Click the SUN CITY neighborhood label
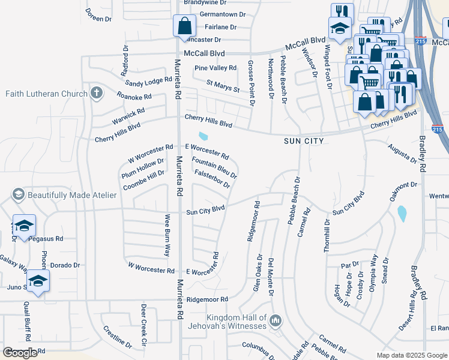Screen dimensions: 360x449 (304, 141)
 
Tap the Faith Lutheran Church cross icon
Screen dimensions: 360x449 (95, 93)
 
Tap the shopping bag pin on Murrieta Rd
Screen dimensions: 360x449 (184, 26)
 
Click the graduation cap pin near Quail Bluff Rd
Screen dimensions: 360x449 (37, 281)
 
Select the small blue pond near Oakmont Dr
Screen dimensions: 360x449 (401, 213)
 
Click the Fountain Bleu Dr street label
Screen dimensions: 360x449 (214, 168)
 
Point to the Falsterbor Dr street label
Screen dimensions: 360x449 (212, 178)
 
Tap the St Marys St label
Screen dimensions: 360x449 (223, 86)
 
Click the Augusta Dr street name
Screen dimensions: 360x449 (402, 154)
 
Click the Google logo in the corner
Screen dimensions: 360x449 (20, 353)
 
